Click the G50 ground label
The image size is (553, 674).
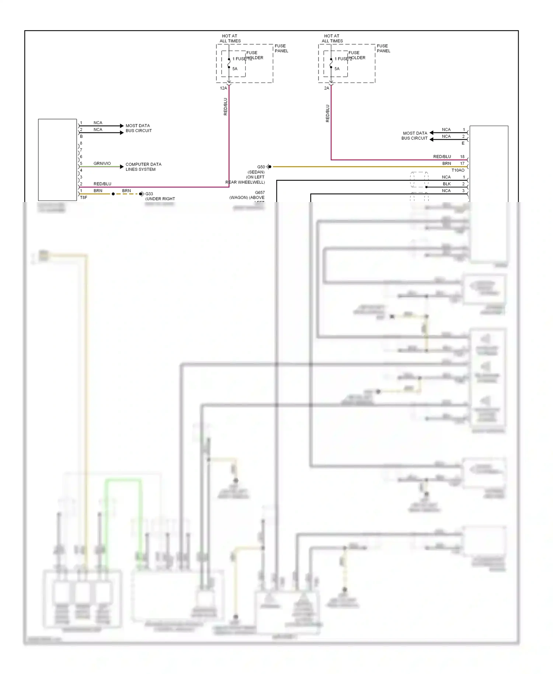click(x=261, y=167)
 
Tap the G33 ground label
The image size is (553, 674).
click(x=149, y=194)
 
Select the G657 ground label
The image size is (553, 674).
click(x=260, y=192)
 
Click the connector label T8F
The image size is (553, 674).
click(x=84, y=198)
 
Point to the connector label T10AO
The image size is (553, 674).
click(x=458, y=170)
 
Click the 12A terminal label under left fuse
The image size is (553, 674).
click(x=223, y=88)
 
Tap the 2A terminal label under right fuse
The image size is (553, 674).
click(x=327, y=88)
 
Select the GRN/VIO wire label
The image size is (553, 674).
click(x=102, y=164)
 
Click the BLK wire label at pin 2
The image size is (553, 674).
click(x=446, y=184)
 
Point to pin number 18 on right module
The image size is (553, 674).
click(x=462, y=157)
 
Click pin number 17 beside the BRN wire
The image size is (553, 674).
click(x=462, y=164)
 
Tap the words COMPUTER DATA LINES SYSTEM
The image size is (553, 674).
click(x=143, y=167)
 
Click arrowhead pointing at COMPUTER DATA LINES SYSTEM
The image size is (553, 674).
click(x=122, y=167)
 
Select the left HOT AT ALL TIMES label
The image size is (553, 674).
click(x=230, y=39)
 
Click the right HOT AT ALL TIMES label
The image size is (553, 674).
click(x=332, y=39)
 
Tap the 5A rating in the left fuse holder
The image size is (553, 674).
click(x=235, y=69)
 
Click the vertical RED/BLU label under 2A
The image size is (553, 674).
click(x=327, y=113)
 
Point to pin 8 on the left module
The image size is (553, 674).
click(x=81, y=143)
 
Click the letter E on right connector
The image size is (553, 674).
click(x=463, y=143)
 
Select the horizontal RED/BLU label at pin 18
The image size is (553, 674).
click(x=442, y=157)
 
